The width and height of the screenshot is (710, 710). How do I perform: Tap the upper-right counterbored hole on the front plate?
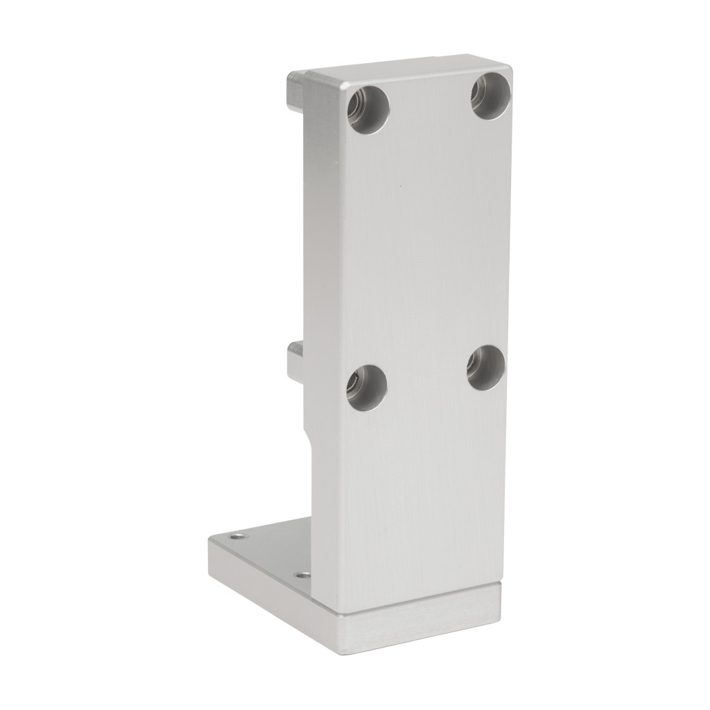[491, 95]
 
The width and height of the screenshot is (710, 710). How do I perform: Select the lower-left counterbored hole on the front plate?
[367, 388]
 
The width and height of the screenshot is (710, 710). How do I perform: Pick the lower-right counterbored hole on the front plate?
[485, 367]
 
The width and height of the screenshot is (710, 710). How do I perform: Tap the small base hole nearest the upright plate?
[302, 575]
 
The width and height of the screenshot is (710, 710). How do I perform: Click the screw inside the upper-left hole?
[359, 107]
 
